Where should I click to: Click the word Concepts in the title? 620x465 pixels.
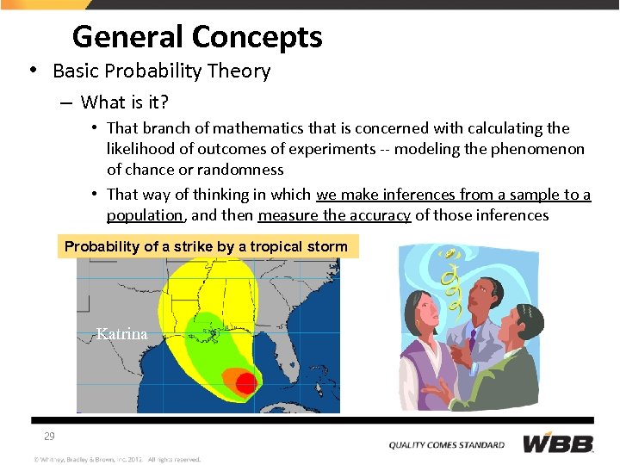(x=257, y=37)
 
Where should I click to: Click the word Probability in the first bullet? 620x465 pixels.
(x=142, y=71)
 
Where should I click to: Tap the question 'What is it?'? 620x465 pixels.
(x=125, y=103)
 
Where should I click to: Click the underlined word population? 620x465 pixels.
(x=145, y=215)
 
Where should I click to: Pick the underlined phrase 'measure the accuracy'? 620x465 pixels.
(x=334, y=215)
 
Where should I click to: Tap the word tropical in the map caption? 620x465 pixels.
(x=269, y=247)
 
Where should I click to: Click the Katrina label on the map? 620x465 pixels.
(x=121, y=334)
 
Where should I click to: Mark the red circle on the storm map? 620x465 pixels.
(x=246, y=383)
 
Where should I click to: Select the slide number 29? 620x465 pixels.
(x=49, y=437)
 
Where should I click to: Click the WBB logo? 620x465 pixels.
(x=558, y=444)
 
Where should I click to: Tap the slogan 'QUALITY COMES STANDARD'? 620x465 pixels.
(x=447, y=445)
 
